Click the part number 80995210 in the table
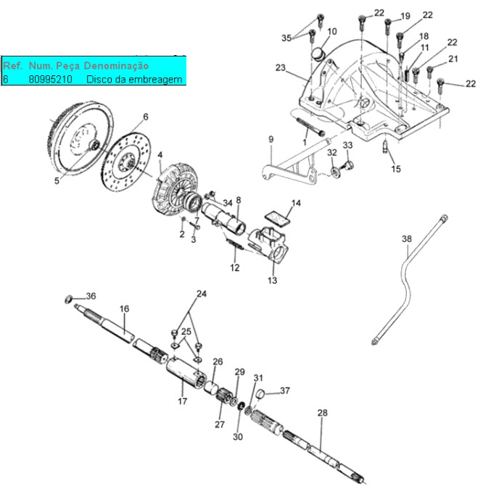coord(51,79)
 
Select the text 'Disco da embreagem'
coord(134,79)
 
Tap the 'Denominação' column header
coord(116,66)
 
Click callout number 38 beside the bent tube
coord(407,238)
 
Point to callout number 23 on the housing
coord(280,67)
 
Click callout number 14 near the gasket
coord(296,203)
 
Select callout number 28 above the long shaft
coord(323,413)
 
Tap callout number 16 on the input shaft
coord(125,309)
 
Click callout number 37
coord(285,390)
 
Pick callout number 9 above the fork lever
coord(271,139)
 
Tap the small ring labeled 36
coord(68,299)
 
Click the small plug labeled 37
coord(261,394)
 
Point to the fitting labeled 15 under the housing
coord(385,146)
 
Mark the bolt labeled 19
coord(388,26)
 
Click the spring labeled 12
coord(234,244)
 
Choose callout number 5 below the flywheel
coord(57,180)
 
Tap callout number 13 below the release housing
coord(272,280)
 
